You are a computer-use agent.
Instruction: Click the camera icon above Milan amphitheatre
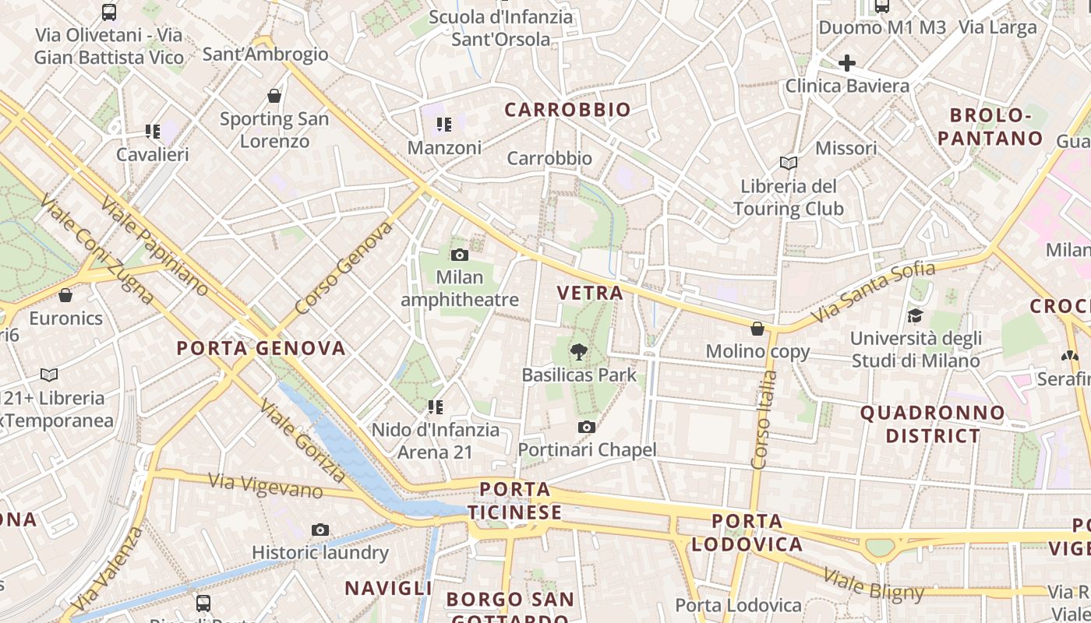pyautogui.click(x=460, y=255)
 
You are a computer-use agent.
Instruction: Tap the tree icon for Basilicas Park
pyautogui.click(x=578, y=353)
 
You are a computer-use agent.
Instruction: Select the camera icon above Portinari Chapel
pyautogui.click(x=587, y=427)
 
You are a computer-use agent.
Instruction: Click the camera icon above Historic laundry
pyautogui.click(x=320, y=530)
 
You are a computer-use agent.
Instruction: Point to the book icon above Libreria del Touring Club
pyautogui.click(x=789, y=163)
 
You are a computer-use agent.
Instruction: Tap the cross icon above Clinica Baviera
pyautogui.click(x=847, y=63)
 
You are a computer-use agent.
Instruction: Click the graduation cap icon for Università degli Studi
pyautogui.click(x=915, y=315)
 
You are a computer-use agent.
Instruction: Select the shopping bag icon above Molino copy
pyautogui.click(x=757, y=329)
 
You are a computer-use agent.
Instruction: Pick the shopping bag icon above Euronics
pyautogui.click(x=65, y=295)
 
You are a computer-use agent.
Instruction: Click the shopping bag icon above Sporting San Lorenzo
pyautogui.click(x=274, y=96)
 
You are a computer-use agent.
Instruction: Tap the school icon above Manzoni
pyautogui.click(x=444, y=125)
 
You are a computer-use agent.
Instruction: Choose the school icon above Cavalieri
pyautogui.click(x=152, y=132)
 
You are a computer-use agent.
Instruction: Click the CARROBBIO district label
pyautogui.click(x=567, y=110)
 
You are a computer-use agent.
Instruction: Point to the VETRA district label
pyautogui.click(x=590, y=294)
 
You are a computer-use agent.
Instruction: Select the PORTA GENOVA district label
pyautogui.click(x=261, y=348)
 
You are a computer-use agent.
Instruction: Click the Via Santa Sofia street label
pyautogui.click(x=873, y=293)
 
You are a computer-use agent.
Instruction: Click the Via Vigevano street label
pyautogui.click(x=266, y=485)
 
